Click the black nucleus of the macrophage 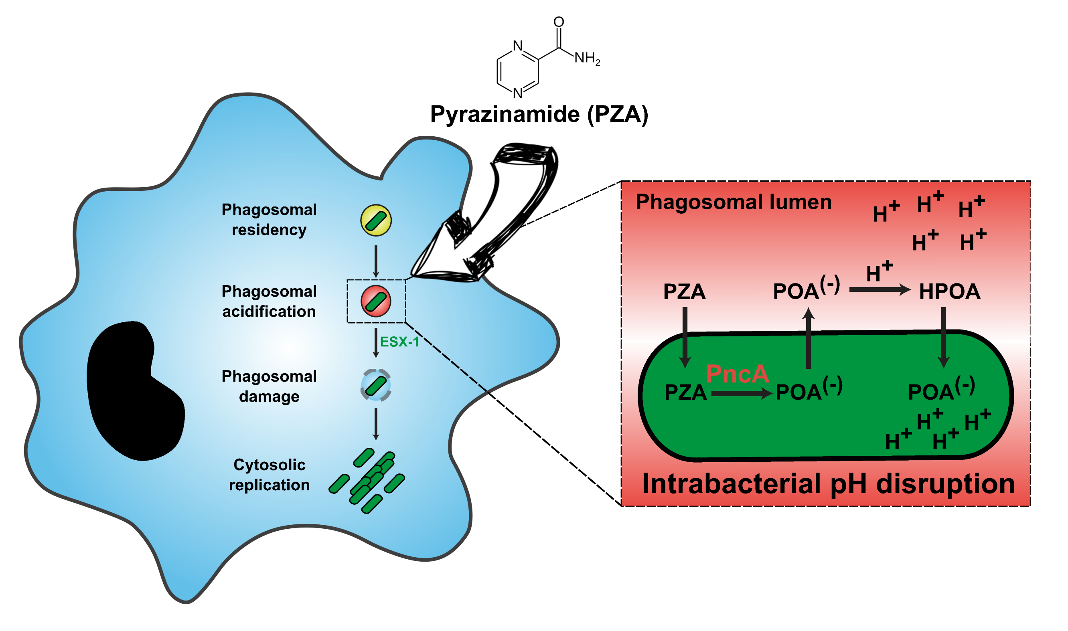pyautogui.click(x=132, y=391)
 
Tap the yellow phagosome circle pyautogui.click(x=376, y=220)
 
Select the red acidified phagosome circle pyautogui.click(x=376, y=301)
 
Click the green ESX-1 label pyautogui.click(x=399, y=342)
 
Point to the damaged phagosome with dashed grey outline pyautogui.click(x=376, y=385)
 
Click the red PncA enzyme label pyautogui.click(x=738, y=374)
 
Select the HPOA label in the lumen pyautogui.click(x=950, y=292)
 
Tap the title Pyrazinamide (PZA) pyautogui.click(x=539, y=114)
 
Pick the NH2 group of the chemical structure pyautogui.click(x=587, y=58)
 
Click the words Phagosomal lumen pyautogui.click(x=733, y=202)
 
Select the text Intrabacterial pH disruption pyautogui.click(x=828, y=484)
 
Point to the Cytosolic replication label pyautogui.click(x=269, y=475)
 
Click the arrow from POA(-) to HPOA pyautogui.click(x=880, y=290)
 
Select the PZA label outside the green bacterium pyautogui.click(x=684, y=292)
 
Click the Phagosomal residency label pyautogui.click(x=269, y=219)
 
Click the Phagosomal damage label pyautogui.click(x=269, y=386)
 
